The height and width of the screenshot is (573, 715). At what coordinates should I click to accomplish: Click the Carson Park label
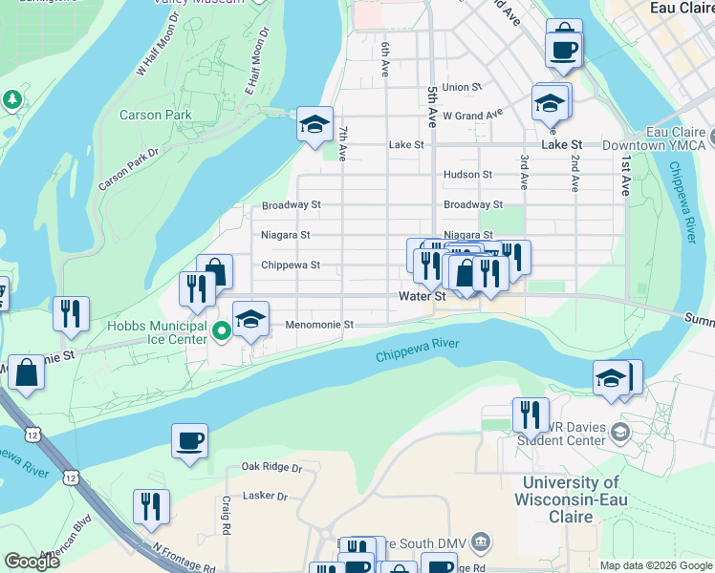pyautogui.click(x=155, y=116)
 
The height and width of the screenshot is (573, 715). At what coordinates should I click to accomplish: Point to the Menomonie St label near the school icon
pyautogui.click(x=320, y=325)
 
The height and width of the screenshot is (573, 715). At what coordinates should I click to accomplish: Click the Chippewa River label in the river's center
pyautogui.click(x=419, y=350)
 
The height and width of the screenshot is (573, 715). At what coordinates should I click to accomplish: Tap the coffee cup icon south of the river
pyautogui.click(x=189, y=441)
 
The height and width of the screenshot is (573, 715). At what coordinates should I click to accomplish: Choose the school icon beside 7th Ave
pyautogui.click(x=314, y=124)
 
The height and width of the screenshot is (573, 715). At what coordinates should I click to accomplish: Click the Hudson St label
pyautogui.click(x=467, y=175)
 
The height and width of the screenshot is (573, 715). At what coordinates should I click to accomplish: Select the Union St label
pyautogui.click(x=462, y=87)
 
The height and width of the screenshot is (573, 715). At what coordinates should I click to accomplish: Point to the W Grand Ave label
pyautogui.click(x=472, y=116)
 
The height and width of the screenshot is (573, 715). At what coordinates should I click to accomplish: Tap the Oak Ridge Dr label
pyautogui.click(x=271, y=468)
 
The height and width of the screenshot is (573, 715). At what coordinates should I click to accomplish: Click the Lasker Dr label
pyautogui.click(x=265, y=496)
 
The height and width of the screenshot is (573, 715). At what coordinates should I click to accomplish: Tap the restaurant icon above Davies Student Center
pyautogui.click(x=531, y=414)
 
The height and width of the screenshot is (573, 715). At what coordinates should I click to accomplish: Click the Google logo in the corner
pyautogui.click(x=32, y=562)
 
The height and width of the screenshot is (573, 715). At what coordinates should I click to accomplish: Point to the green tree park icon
pyautogui.click(x=13, y=98)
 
